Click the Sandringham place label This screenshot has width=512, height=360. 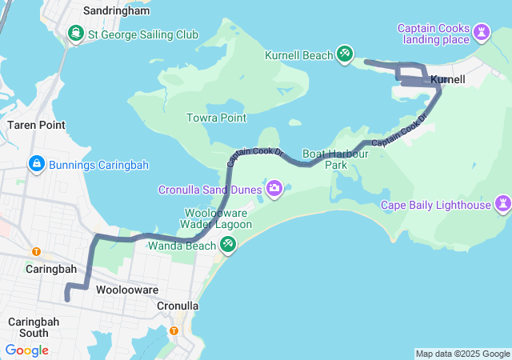pos(116,11)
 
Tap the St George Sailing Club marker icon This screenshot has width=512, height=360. pos(76,34)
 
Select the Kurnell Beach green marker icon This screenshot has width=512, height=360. pos(345,54)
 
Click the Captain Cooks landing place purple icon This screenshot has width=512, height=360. pos(482,33)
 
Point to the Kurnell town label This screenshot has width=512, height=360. pos(448,80)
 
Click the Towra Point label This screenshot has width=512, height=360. pos(216,118)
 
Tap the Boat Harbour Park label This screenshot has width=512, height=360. pos(335,158)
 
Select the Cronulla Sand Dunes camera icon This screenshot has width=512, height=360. pos(274,189)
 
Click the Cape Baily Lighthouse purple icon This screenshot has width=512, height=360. pos(503,205)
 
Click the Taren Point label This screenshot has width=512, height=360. pos(36,125)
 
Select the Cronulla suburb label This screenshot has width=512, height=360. pos(177,306)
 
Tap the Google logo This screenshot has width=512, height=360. pos(26,350)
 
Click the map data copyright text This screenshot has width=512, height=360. pos(462,354)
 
